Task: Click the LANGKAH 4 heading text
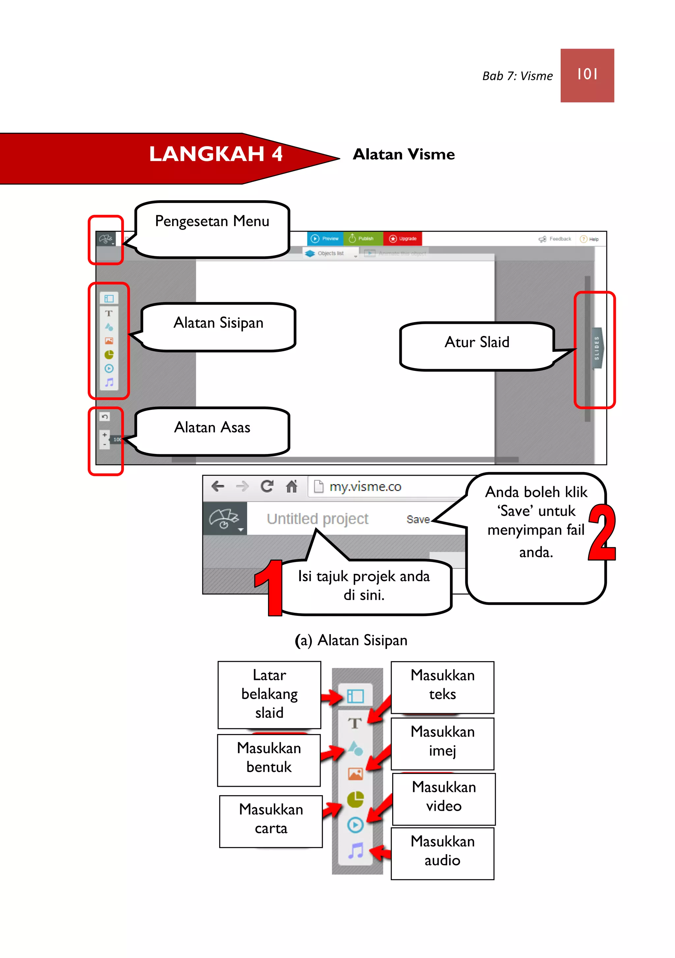tap(216, 154)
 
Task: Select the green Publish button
tap(362, 239)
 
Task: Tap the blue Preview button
tap(325, 239)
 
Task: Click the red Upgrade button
tap(403, 239)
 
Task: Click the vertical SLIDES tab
tap(597, 348)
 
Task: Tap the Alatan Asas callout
tap(212, 430)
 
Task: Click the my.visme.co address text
tap(365, 487)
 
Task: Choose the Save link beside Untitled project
tap(418, 520)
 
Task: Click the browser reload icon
tap(267, 486)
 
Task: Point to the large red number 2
tap(602, 532)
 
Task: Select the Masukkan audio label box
tap(443, 853)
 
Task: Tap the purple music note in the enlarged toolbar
tap(356, 851)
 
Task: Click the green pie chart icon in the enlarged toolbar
tap(355, 799)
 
